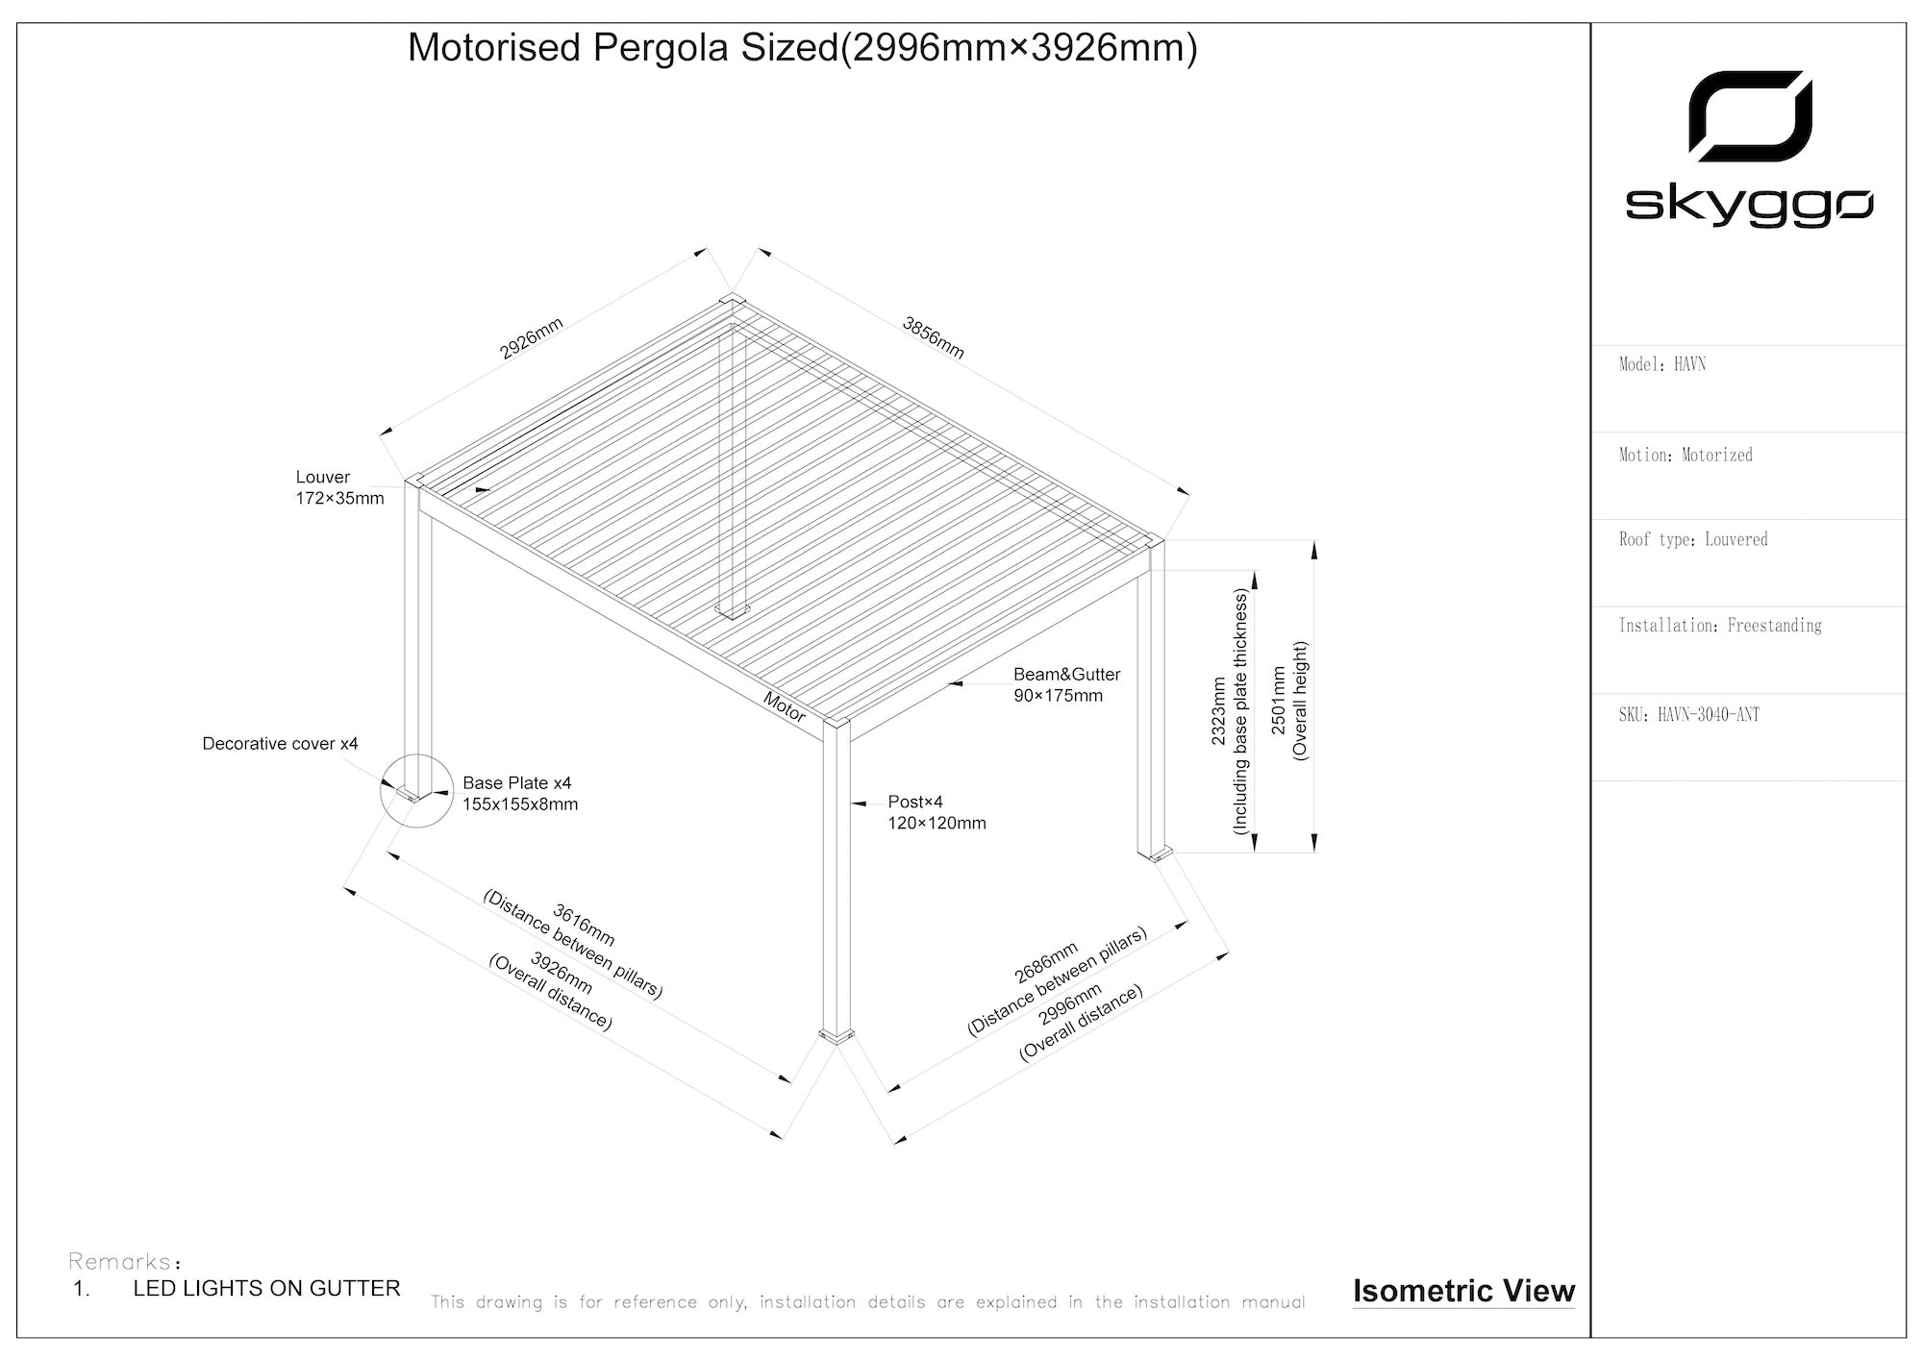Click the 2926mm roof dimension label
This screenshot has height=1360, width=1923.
(x=531, y=338)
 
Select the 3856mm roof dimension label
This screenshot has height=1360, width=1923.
(x=933, y=337)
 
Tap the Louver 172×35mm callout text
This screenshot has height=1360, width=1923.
(x=339, y=487)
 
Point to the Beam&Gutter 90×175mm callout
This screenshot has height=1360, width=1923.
(x=1066, y=684)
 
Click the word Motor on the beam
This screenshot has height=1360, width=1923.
(x=785, y=706)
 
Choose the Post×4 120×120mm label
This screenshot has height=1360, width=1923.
(x=937, y=812)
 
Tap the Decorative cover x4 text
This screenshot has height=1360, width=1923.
(x=280, y=744)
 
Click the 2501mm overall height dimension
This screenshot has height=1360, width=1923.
(x=1289, y=701)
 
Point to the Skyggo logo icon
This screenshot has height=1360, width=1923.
(x=1750, y=116)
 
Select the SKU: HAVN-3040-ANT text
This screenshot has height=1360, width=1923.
(x=1689, y=714)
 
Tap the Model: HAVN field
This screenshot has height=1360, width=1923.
(x=1662, y=364)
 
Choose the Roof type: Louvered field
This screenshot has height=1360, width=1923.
(x=1693, y=539)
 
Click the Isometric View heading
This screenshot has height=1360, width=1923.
(x=1463, y=1291)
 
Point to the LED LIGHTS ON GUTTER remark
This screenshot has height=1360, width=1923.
(x=266, y=1288)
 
